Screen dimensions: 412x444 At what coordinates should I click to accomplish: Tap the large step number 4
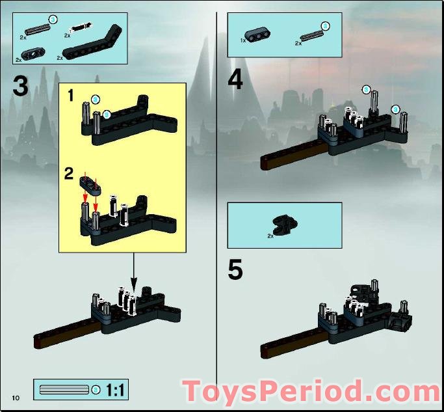pos(235,80)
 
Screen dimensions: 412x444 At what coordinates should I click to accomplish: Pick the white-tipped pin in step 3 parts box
pos(79,28)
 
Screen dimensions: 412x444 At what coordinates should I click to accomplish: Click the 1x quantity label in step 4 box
pos(244,42)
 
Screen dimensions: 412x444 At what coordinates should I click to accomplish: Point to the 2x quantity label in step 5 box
pos(271,236)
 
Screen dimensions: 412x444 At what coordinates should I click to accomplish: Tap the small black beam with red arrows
pos(89,185)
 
